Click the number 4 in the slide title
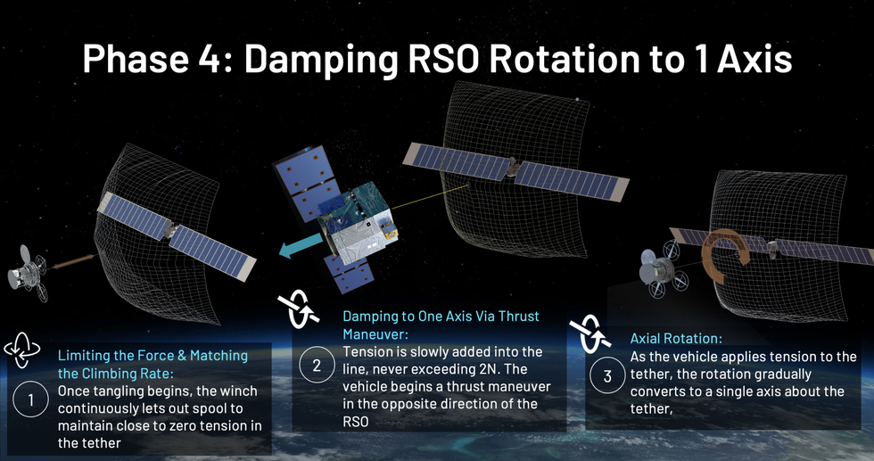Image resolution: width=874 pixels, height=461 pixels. [213, 59]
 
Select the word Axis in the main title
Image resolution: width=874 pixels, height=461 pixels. [754, 59]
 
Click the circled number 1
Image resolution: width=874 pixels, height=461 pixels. [30, 399]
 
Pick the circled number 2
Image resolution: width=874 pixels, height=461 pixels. [317, 365]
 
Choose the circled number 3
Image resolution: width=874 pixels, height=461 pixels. [607, 375]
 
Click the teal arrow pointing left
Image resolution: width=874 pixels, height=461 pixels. [301, 246]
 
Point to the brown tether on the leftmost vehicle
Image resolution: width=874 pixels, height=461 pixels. [73, 262]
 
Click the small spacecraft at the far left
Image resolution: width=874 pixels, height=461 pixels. [28, 273]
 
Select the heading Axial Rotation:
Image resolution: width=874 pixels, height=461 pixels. [676, 338]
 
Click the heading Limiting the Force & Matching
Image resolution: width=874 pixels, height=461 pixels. [153, 356]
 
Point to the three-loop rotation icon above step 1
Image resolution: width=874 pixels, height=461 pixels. [21, 350]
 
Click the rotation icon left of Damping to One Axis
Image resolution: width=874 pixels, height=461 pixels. [298, 309]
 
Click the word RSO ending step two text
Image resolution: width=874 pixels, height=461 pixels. [356, 422]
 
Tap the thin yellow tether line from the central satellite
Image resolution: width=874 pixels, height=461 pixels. [430, 197]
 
